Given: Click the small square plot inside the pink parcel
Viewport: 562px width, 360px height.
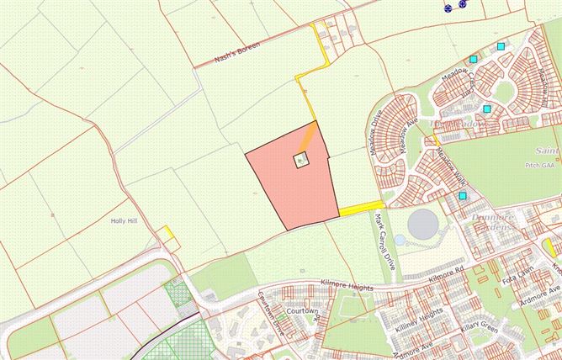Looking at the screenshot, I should point(301,160).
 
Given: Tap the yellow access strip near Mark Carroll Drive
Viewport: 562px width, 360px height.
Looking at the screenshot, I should point(362,207).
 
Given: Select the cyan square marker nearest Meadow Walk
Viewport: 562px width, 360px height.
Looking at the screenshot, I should point(462,196).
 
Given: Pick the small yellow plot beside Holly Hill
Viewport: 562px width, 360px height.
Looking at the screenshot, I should point(169,234).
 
